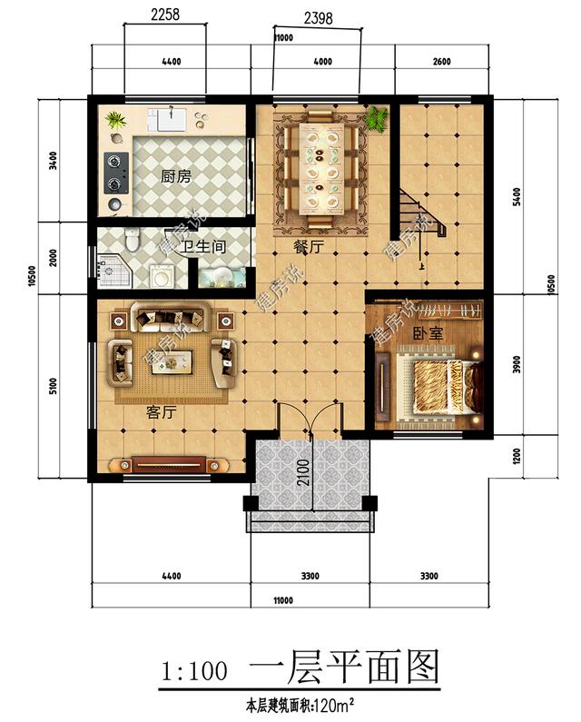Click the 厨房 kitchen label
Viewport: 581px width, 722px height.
(176, 177)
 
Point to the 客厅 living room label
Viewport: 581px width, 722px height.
(161, 412)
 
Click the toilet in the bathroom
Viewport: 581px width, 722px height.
(133, 240)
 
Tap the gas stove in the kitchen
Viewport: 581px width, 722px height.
(115, 173)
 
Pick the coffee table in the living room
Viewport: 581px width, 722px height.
(171, 360)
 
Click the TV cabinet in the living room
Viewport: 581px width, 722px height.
(172, 464)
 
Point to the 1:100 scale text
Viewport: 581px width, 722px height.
(193, 672)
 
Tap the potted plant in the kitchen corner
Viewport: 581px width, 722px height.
(115, 120)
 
